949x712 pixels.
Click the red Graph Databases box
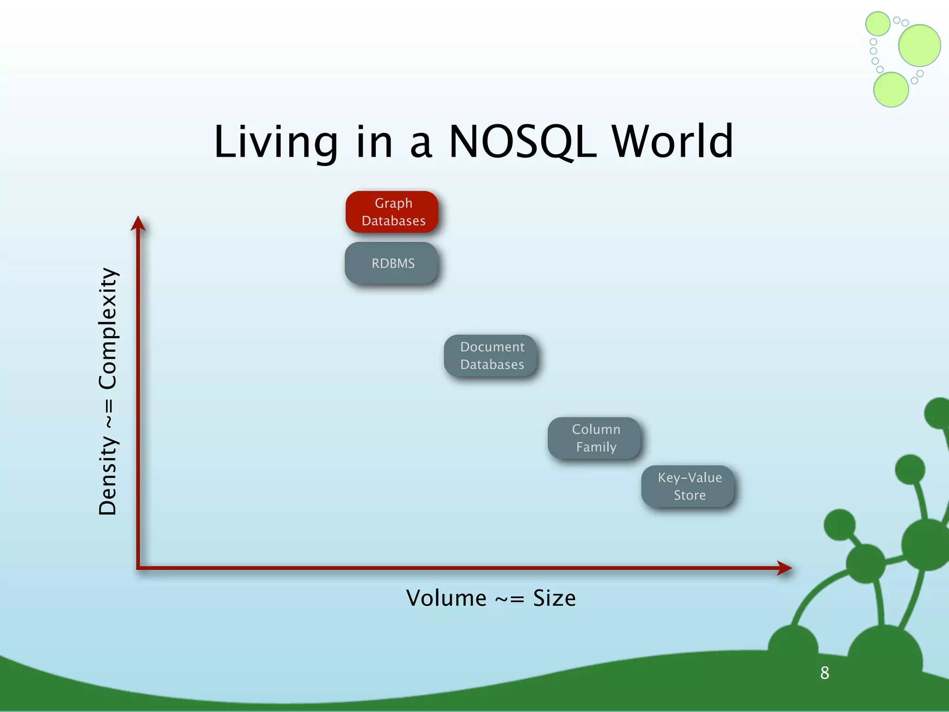tap(392, 212)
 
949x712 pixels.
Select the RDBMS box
tap(392, 263)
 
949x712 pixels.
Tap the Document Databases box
tap(491, 356)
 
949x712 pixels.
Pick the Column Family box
tap(595, 438)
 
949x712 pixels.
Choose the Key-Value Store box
tap(688, 486)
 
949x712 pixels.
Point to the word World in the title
tap(672, 142)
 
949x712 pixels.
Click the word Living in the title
tap(276, 143)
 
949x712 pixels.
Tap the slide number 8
tap(825, 673)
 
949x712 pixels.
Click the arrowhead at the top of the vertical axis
tap(138, 224)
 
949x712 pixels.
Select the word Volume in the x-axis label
tap(446, 598)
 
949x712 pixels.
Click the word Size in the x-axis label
tap(554, 598)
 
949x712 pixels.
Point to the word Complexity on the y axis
tap(108, 328)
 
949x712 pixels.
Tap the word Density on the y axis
tap(108, 475)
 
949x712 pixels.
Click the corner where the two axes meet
tap(139, 567)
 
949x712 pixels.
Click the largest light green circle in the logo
tap(919, 45)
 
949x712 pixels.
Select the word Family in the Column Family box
tap(596, 447)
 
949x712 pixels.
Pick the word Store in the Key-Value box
tap(690, 495)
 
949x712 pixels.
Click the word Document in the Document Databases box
tap(492, 347)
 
